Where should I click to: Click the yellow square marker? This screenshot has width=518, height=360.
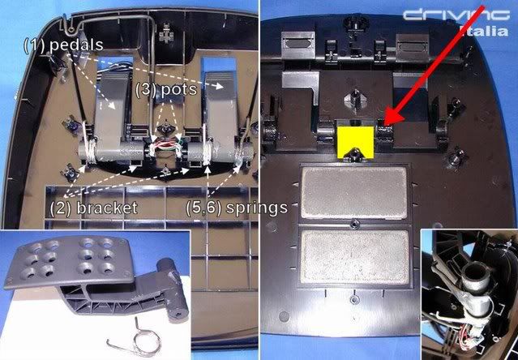point(356,139)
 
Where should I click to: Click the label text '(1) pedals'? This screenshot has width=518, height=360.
point(63,45)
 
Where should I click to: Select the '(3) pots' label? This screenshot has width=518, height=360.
point(166,89)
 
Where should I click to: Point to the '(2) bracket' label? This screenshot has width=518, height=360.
point(94,208)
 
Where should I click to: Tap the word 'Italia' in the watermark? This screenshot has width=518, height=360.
point(484,31)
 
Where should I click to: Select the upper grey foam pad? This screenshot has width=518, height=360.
point(353,193)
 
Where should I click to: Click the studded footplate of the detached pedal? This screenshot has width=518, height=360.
point(70,261)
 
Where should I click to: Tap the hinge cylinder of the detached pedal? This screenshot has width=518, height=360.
point(172,289)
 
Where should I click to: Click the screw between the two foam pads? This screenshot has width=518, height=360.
point(355,225)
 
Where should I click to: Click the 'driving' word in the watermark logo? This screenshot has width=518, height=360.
point(456,15)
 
